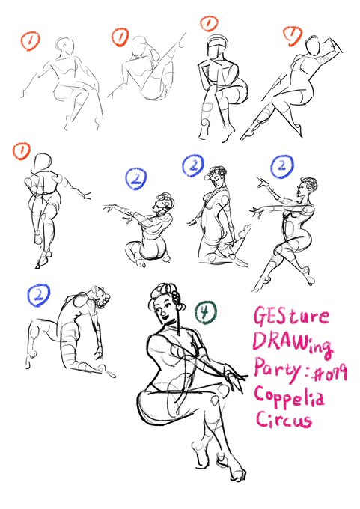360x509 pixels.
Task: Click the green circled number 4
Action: point(205,312)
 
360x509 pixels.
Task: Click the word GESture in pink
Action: point(291,317)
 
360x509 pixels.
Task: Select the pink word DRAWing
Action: point(293,344)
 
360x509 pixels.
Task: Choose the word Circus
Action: point(284,419)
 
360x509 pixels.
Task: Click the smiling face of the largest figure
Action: point(165,309)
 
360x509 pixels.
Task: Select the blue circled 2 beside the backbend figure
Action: point(39,295)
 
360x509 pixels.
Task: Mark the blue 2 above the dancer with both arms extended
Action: point(282,166)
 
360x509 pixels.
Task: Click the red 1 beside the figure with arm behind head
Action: point(292,34)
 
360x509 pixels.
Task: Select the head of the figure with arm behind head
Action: point(314,45)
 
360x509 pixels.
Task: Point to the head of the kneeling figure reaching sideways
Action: point(163,203)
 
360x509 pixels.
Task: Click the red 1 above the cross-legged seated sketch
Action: point(208,23)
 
